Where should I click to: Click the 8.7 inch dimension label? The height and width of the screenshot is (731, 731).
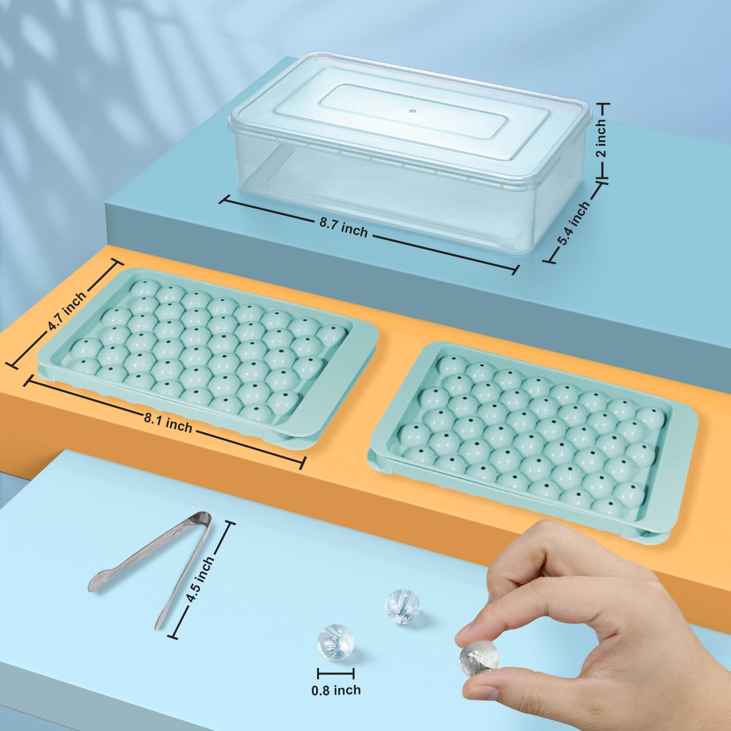pyautogui.click(x=344, y=227)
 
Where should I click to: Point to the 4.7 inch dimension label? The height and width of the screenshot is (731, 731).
pyautogui.click(x=67, y=312)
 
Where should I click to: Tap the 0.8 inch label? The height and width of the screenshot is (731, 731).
pyautogui.click(x=336, y=690)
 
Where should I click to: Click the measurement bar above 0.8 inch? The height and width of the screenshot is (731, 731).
pyautogui.click(x=336, y=673)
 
